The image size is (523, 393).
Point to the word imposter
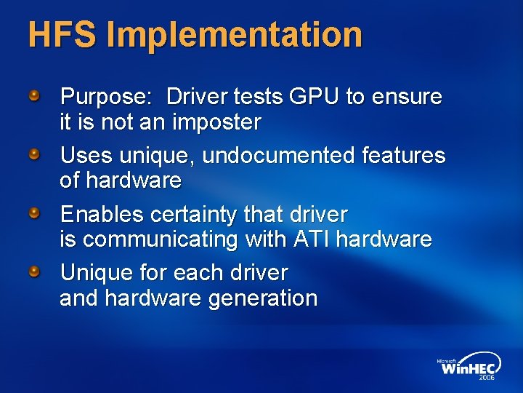[x=216, y=122]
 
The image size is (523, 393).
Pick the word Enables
[x=102, y=214]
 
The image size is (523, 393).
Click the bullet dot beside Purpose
[x=35, y=95]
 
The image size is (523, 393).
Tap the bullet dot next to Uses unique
[x=35, y=154]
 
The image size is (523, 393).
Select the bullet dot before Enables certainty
[x=35, y=213]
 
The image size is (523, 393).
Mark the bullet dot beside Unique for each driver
[x=35, y=272]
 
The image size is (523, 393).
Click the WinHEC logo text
[x=468, y=368]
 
